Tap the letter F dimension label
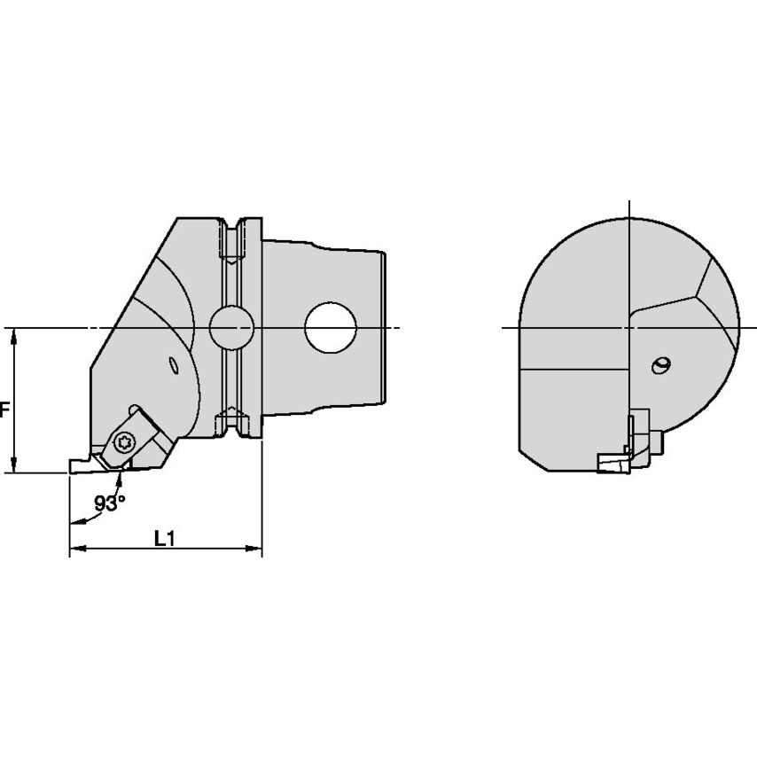(x=4, y=410)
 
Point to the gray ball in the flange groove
(x=232, y=329)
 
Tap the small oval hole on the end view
(x=660, y=365)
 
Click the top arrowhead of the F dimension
(x=14, y=334)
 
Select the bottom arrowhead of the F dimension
(x=14, y=467)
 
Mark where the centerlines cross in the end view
(x=628, y=328)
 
